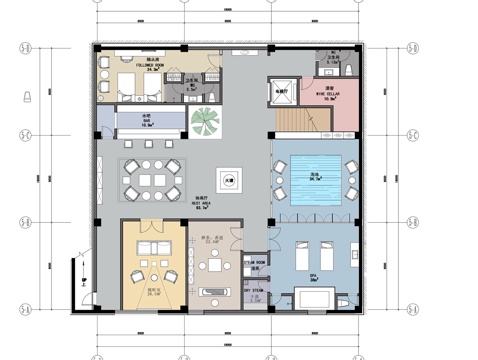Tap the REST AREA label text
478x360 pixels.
(x=201, y=205)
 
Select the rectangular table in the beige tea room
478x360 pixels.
(x=215, y=293)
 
